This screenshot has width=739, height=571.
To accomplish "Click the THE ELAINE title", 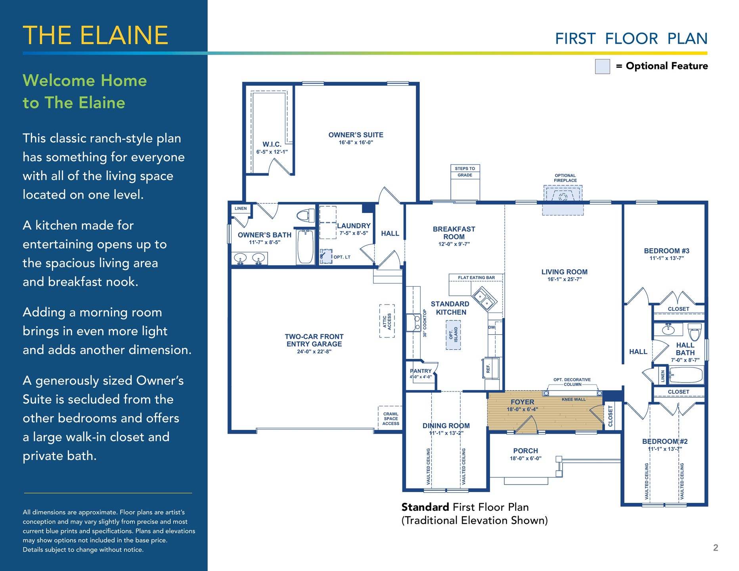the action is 96,35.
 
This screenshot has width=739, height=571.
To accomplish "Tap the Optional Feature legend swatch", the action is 602,66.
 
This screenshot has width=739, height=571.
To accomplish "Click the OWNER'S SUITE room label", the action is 356,135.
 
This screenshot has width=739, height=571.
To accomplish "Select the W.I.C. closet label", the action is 272,144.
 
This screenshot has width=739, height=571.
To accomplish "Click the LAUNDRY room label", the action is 354,226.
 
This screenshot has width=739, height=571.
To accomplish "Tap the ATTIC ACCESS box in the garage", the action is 387,321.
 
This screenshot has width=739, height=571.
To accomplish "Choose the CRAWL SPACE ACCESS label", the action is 391,419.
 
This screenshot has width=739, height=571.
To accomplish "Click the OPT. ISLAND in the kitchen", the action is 453,335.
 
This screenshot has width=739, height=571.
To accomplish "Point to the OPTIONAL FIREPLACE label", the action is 565,178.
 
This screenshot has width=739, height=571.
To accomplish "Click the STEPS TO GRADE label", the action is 465,172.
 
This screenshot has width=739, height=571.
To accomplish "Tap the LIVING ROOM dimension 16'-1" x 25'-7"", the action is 565,280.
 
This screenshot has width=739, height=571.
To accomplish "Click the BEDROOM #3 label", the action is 666,251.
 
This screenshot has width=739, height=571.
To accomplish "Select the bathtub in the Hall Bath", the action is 686,375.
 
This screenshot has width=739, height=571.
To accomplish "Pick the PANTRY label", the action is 421,371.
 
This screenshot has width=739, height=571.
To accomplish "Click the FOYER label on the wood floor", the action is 522,402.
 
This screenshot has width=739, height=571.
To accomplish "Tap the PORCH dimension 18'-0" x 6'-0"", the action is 525,458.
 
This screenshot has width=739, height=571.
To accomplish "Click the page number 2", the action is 716,548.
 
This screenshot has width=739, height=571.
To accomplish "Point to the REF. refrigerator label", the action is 488,368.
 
